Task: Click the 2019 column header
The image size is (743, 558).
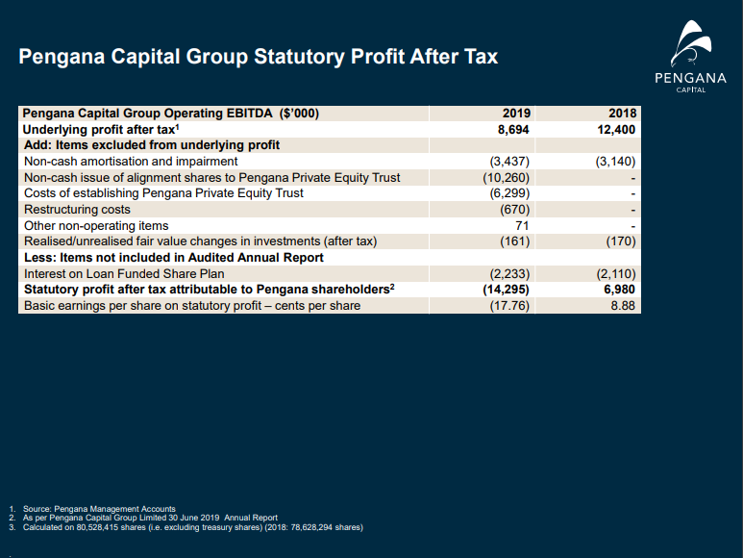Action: [x=516, y=114]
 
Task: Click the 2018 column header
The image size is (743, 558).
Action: [x=622, y=114]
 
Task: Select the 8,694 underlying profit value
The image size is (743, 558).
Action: [x=513, y=130]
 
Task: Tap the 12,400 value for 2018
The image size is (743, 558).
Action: [x=616, y=130]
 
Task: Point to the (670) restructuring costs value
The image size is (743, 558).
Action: [x=514, y=210]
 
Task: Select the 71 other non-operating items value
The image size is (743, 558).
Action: [x=522, y=226]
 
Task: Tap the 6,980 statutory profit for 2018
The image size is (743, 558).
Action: [x=619, y=290]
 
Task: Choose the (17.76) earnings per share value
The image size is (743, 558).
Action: [x=509, y=306]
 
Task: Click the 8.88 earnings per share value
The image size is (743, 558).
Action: [x=623, y=306]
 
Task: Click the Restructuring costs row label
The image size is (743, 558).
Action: [x=77, y=210]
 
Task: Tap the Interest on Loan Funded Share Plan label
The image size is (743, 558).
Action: [x=124, y=274]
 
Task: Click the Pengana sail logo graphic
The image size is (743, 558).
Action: [x=691, y=42]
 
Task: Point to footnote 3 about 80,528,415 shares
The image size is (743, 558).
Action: [x=186, y=527]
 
